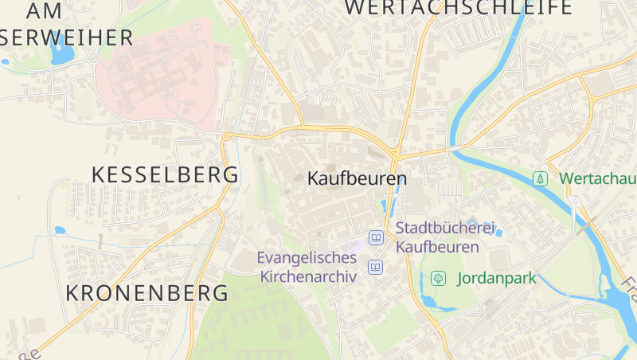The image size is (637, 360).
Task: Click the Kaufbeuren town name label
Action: (357, 178)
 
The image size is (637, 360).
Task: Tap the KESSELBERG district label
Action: (166, 175)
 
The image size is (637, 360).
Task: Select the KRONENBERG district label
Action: (147, 292)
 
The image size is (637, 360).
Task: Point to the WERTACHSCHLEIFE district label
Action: (459, 8)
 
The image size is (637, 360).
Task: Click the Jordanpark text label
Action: (497, 279)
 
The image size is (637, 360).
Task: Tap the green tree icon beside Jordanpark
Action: (437, 279)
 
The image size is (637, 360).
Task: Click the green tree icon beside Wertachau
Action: (541, 178)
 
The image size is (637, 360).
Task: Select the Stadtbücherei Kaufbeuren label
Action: (439, 237)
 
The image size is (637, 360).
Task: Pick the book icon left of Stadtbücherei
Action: (376, 237)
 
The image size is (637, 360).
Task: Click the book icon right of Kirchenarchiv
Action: (375, 267)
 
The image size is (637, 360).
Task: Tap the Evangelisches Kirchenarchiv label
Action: (307, 267)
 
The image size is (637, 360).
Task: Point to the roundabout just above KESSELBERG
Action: (226, 137)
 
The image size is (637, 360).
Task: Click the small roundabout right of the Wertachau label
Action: (574, 200)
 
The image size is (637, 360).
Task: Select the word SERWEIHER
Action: (67, 37)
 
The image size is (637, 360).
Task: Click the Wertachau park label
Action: (597, 178)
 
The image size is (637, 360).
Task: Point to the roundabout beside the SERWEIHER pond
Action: (92, 57)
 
